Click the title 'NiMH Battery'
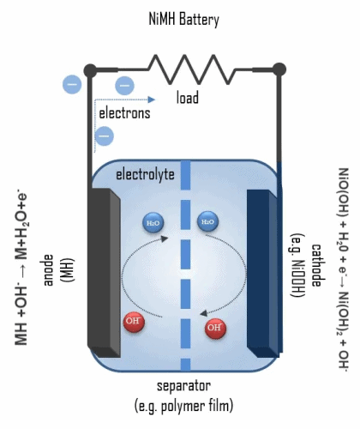184,20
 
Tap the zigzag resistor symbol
191,69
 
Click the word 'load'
188,98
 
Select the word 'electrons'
124,113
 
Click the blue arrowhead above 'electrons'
152,100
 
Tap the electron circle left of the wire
72,84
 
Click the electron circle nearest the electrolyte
104,136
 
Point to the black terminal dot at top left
90,70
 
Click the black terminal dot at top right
279,69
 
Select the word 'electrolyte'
145,174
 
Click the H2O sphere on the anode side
153,222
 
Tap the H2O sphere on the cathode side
207,221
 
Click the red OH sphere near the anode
134,322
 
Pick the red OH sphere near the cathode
215,328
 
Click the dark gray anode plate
104,273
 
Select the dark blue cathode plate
262,274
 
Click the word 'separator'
184,386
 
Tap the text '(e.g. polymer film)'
184,406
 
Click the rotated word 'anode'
48,270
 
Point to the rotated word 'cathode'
316,265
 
